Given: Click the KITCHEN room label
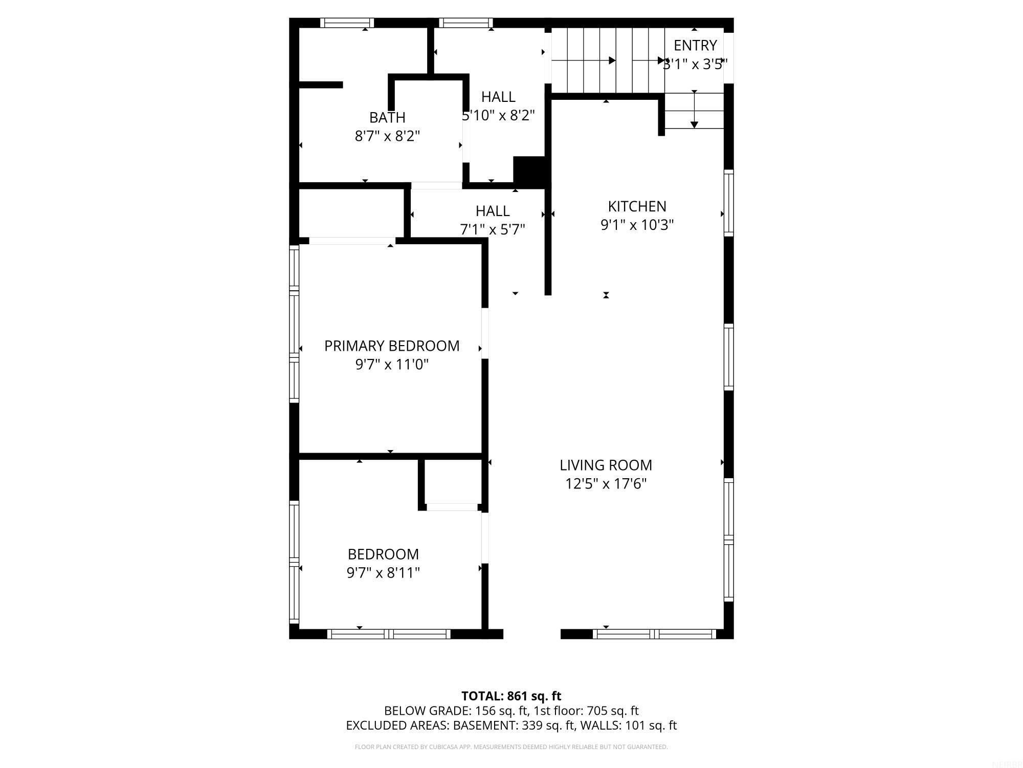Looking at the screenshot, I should pyautogui.click(x=637, y=206).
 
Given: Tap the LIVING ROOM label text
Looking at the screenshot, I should pyautogui.click(x=606, y=465).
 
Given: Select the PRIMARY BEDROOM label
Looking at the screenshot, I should pyautogui.click(x=392, y=346).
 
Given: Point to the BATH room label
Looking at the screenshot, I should pyautogui.click(x=387, y=117).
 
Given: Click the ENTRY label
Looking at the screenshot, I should pyautogui.click(x=695, y=45).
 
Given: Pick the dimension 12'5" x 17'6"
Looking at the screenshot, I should pyautogui.click(x=606, y=484).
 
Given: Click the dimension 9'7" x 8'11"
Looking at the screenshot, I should pyautogui.click(x=383, y=572).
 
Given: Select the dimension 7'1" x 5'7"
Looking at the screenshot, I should pyautogui.click(x=493, y=229).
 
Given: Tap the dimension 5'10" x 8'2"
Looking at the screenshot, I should pyautogui.click(x=499, y=115).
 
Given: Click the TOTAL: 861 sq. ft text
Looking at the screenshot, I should pyautogui.click(x=511, y=696).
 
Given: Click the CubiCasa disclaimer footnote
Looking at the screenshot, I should pyautogui.click(x=511, y=747).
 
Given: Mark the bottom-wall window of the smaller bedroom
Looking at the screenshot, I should pyautogui.click(x=389, y=634).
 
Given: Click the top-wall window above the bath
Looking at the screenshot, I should pyautogui.click(x=347, y=23).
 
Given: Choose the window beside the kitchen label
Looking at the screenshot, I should pyautogui.click(x=728, y=203).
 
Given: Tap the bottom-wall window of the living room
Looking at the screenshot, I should pyautogui.click(x=654, y=634).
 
